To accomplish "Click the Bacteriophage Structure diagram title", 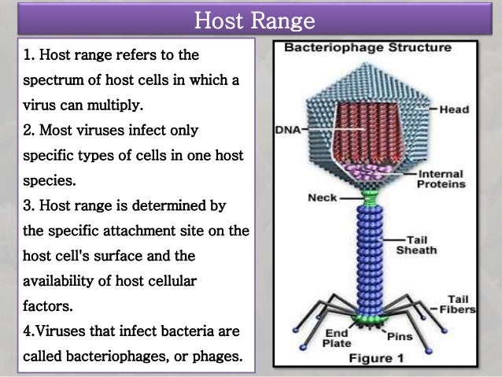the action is coord(368,47).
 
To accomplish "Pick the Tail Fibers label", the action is coord(463,303).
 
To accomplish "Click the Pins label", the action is coord(400,336).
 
